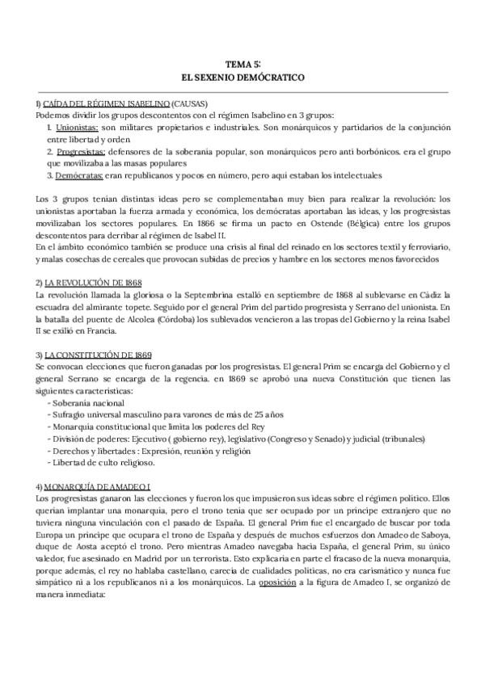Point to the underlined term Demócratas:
[77, 175]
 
